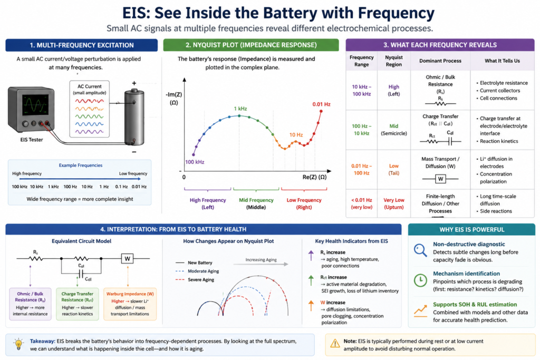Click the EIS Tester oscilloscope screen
[35, 105]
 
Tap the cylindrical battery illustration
[134, 117]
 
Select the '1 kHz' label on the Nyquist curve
[240, 109]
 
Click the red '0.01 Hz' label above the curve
[321, 104]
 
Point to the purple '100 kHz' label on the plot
[195, 162]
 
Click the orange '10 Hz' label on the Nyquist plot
[296, 135]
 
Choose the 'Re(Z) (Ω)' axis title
[314, 177]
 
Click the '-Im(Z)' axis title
[174, 95]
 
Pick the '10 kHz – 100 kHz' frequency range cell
[362, 91]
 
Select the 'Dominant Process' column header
[440, 61]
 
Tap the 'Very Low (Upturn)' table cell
[393, 203]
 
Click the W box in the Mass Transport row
[440, 179]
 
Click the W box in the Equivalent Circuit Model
[127, 258]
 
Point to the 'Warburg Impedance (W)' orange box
[130, 304]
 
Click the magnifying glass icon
[420, 250]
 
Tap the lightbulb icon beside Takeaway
[18, 344]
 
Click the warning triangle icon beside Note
[335, 344]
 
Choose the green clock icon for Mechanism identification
[420, 280]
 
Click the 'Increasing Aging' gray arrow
[261, 264]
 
